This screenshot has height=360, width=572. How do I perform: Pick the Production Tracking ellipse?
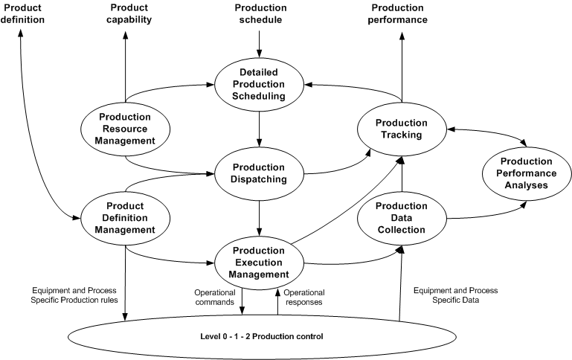[401, 128]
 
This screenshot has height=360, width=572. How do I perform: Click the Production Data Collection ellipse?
[401, 217]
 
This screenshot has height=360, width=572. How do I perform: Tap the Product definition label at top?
[22, 13]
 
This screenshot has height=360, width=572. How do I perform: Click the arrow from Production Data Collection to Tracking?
[401, 175]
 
